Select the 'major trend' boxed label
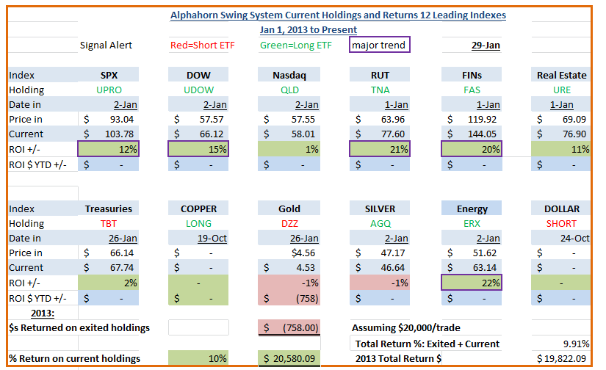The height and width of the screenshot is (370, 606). (379, 45)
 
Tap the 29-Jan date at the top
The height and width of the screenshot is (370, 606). (486, 46)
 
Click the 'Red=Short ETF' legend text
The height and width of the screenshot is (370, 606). (203, 46)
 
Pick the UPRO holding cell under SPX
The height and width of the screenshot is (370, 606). (109, 90)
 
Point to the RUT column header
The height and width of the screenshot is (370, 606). (380, 75)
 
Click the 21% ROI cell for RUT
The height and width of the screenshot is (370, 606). (380, 149)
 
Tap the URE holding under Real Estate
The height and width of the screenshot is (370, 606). (561, 90)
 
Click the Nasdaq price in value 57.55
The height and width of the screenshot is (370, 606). (303, 120)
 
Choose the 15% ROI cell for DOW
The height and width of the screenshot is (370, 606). (198, 149)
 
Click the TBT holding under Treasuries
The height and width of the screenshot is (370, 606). (109, 224)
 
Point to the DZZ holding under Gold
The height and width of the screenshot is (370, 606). (289, 224)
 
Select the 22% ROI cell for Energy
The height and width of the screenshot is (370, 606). (472, 283)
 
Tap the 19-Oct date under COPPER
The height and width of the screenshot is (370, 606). (212, 239)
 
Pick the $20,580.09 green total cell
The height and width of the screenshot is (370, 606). (289, 358)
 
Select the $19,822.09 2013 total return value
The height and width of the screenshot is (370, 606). (561, 359)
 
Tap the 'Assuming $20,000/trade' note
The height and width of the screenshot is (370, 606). (405, 328)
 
